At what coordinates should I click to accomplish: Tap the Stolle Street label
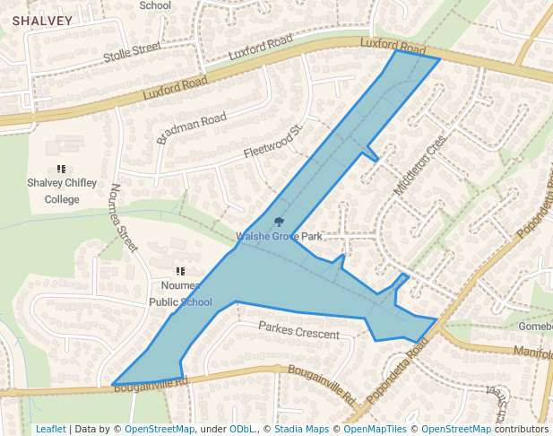pyautogui.click(x=132, y=55)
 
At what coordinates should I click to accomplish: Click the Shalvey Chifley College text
pyautogui.click(x=62, y=191)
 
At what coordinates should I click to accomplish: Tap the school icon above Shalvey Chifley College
pyautogui.click(x=62, y=169)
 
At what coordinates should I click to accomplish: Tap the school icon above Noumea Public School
pyautogui.click(x=180, y=271)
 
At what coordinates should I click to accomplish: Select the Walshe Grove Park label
pyautogui.click(x=279, y=237)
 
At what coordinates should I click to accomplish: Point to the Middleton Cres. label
pyautogui.click(x=419, y=167)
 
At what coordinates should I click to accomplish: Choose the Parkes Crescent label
pyautogui.click(x=299, y=334)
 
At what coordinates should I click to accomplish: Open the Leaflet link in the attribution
pyautogui.click(x=50, y=429)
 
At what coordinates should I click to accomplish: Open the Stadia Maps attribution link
pyautogui.click(x=301, y=429)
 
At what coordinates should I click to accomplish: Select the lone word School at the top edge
pyautogui.click(x=155, y=5)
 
